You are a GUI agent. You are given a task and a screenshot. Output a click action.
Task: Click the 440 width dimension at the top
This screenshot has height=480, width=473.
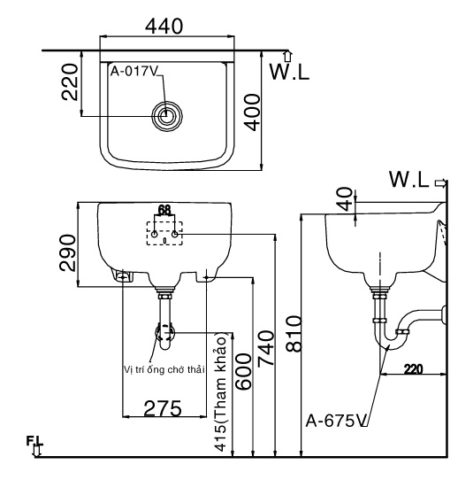(x=164, y=27)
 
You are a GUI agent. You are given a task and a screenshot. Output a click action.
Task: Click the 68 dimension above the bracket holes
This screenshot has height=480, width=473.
(x=164, y=210)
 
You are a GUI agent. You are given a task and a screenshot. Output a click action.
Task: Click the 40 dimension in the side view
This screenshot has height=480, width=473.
(x=343, y=199)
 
